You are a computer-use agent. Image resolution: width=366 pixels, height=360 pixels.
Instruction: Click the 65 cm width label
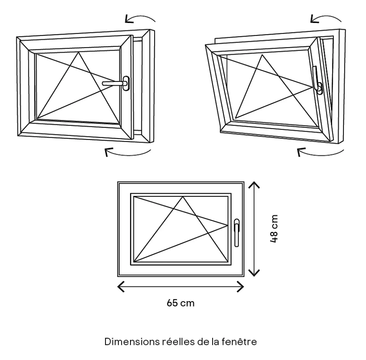180,303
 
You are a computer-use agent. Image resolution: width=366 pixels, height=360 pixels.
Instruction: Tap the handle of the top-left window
117,83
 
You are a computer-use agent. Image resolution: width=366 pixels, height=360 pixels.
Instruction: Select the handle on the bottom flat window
236,232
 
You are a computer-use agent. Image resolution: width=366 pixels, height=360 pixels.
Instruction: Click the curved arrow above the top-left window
140,18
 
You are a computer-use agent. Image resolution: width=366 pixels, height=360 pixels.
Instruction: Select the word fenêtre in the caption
241,342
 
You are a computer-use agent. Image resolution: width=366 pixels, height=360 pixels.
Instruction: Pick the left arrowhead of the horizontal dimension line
120,287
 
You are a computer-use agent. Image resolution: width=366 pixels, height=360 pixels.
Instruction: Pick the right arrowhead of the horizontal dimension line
242,287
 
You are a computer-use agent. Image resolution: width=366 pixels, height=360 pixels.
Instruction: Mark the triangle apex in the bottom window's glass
183,197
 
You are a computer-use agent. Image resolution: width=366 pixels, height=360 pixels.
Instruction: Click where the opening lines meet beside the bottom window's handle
227,224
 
